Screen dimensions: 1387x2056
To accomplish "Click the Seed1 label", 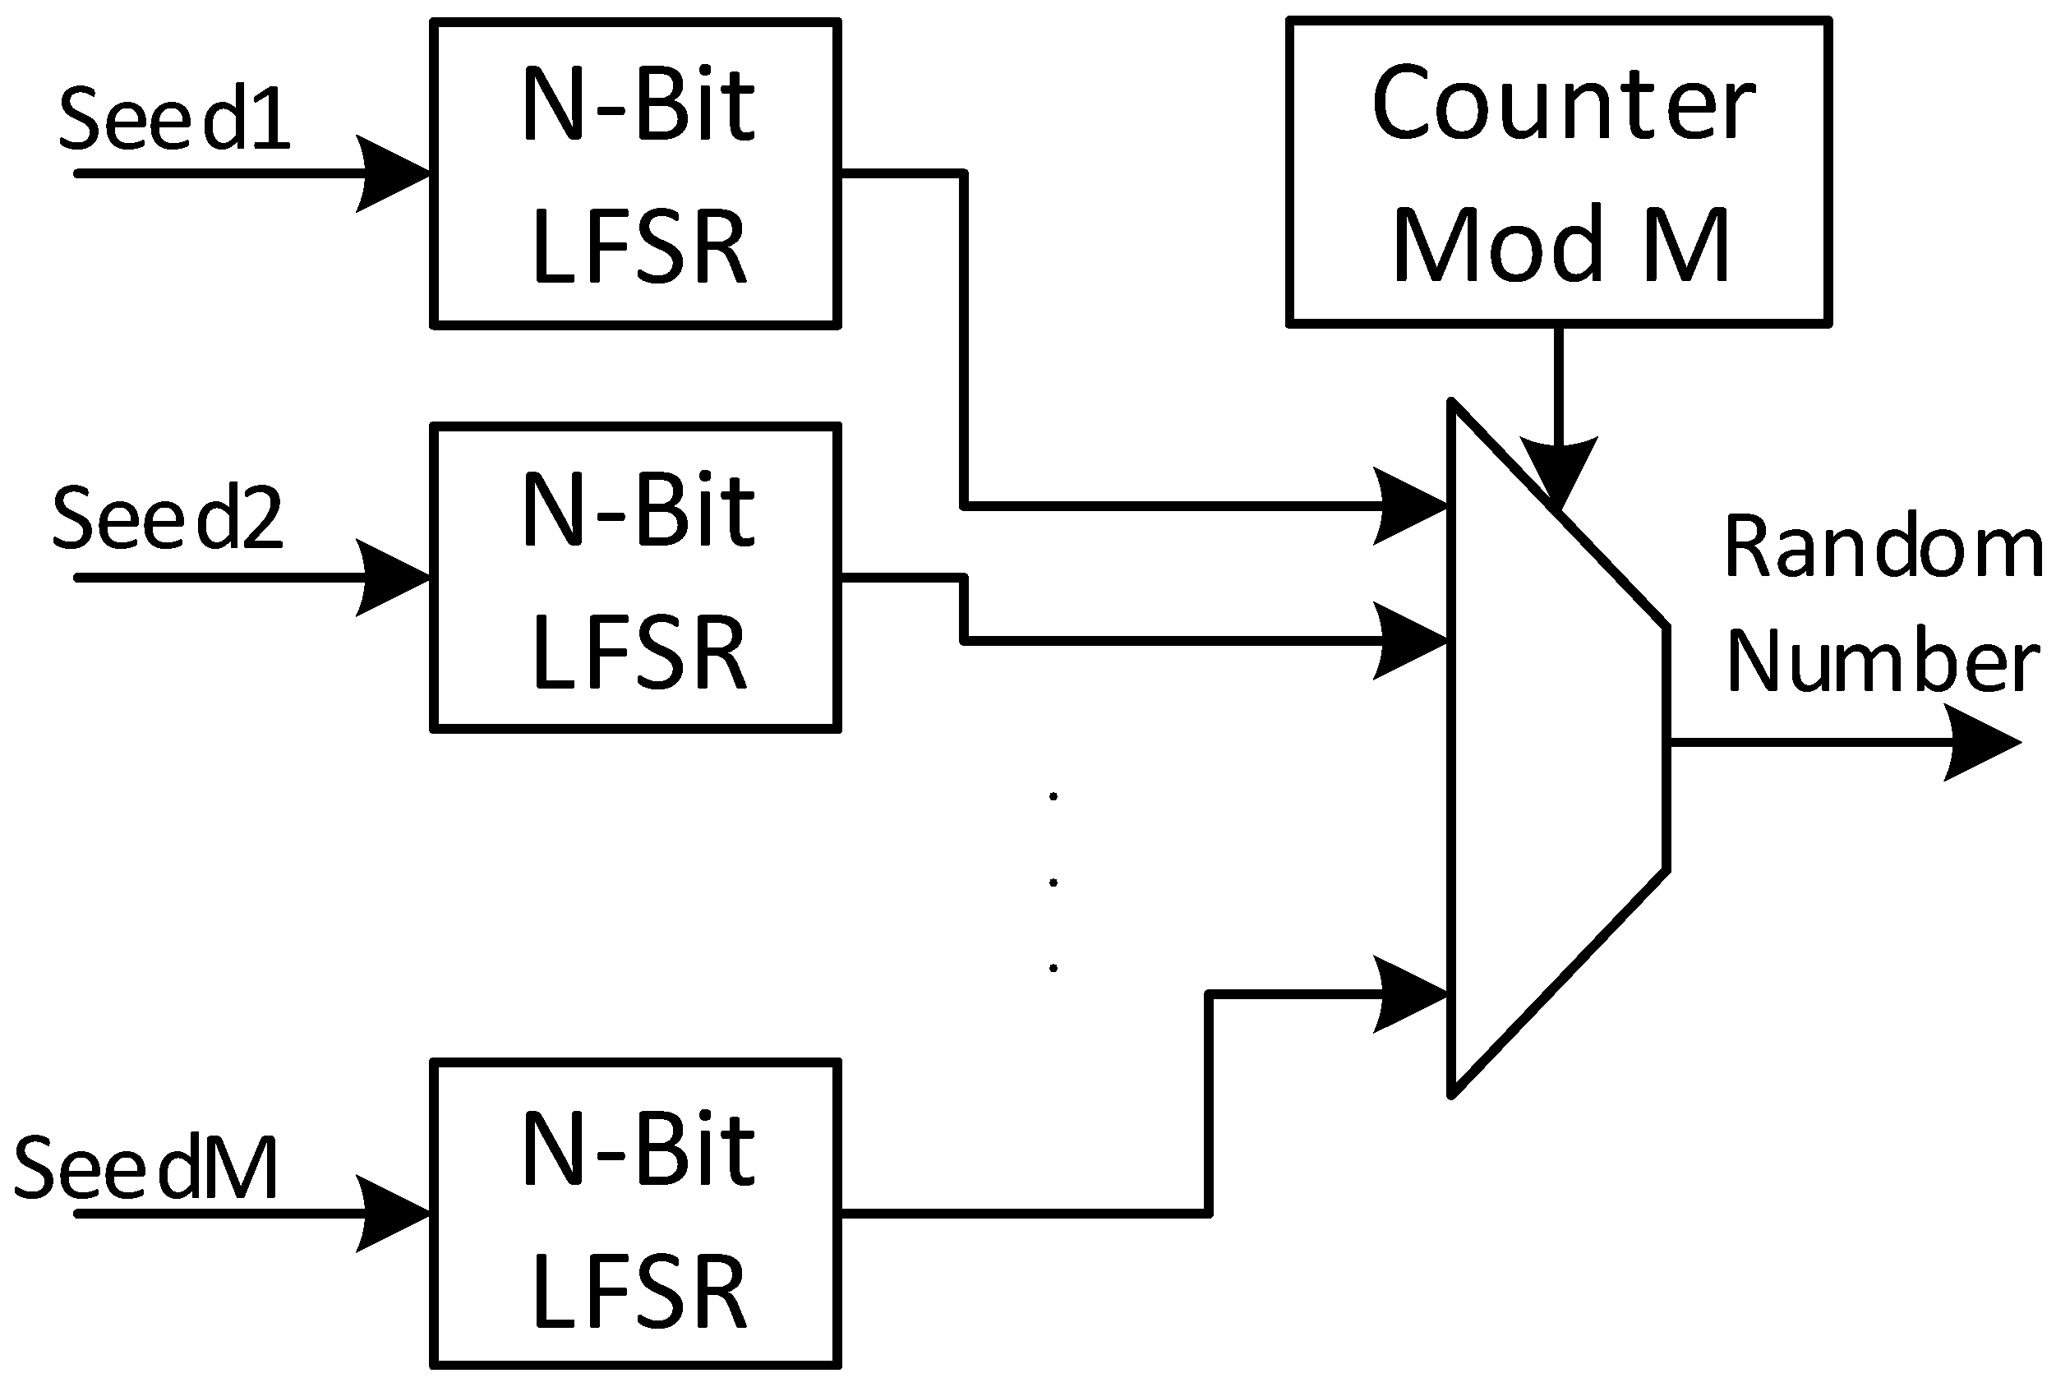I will click(174, 119).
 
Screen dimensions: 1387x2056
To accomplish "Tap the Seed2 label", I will click(168, 519).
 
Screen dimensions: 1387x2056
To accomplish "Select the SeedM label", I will click(147, 1168).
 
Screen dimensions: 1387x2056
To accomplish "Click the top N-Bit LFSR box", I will click(635, 174).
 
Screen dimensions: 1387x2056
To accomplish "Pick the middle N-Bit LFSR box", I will click(635, 578).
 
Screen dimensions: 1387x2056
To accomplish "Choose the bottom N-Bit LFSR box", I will click(635, 1214).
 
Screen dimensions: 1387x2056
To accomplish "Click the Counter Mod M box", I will click(1559, 174).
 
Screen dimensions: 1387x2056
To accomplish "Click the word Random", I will click(1883, 548).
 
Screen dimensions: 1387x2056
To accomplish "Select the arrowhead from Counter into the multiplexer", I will click(1559, 469).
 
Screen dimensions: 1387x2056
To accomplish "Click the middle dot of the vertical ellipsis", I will click(1053, 882).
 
